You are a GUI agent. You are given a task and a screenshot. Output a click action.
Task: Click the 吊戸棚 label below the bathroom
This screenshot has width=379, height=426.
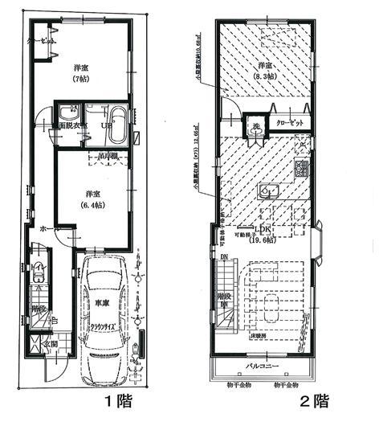point(110,154)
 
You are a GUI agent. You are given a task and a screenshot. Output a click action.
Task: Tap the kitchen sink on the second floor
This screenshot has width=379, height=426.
point(267,190)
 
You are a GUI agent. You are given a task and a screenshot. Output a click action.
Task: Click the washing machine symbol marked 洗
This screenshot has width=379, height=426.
point(251,125)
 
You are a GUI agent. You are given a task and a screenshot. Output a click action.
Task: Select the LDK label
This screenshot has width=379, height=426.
point(263,229)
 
